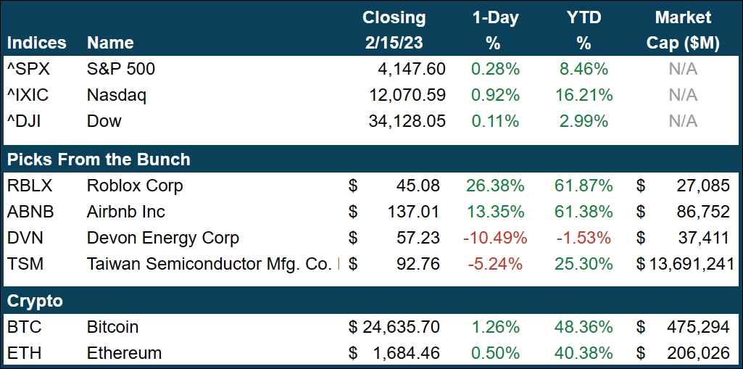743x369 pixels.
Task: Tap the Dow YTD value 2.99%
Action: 584,121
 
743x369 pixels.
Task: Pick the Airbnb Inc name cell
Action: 125,212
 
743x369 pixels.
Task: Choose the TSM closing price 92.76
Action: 417,264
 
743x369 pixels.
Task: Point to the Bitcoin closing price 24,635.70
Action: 400,327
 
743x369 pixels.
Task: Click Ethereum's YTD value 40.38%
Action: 584,353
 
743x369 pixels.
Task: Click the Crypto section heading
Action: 35,301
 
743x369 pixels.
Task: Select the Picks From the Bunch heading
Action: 99,159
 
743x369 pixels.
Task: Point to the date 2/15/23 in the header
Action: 394,43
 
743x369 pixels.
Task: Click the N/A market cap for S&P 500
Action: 683,70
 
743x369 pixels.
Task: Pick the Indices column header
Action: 36,43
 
